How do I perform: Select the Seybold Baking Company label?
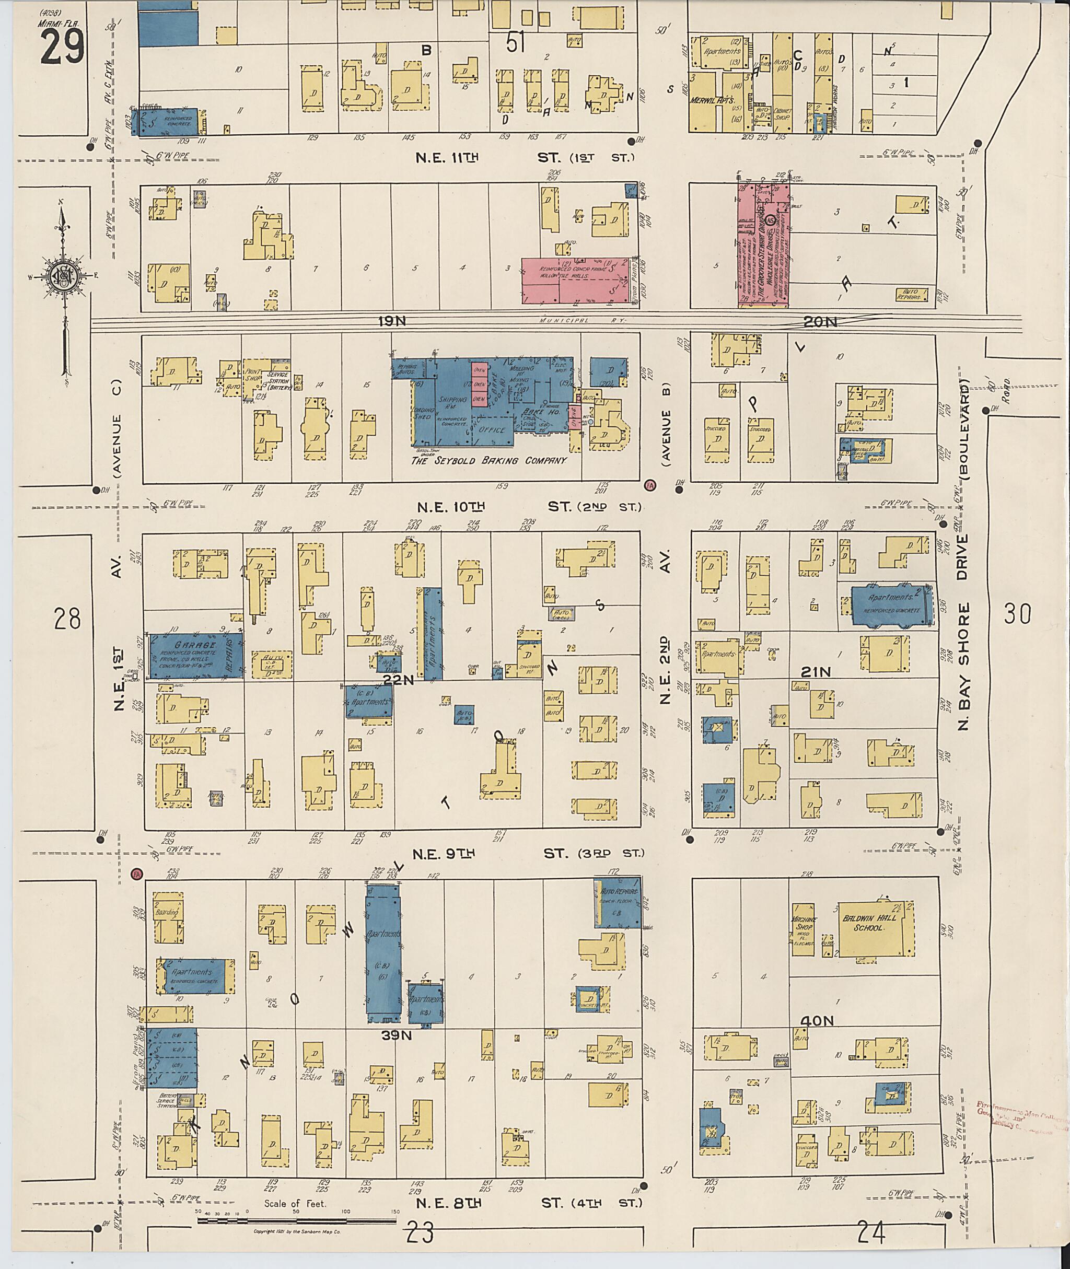489,461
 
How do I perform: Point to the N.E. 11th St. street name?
448,158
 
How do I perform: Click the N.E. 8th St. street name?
448,1202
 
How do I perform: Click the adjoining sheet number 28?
67,619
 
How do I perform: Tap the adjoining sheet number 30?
1017,614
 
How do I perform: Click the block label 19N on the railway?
392,321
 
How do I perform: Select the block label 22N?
399,681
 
